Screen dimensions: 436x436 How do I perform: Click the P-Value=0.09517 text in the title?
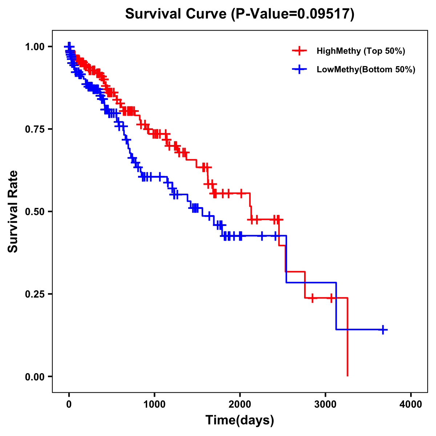point(294,14)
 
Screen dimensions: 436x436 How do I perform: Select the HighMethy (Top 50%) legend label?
point(360,51)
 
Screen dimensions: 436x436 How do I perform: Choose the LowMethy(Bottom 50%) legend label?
point(366,69)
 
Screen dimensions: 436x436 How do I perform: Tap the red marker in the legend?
point(299,51)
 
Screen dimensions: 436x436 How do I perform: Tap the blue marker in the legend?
point(299,69)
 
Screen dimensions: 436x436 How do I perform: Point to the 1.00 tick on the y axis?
point(35,47)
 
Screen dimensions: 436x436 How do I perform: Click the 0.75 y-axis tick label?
point(35,129)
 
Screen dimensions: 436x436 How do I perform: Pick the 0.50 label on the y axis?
point(35,211)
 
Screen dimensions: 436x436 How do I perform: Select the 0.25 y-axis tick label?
point(35,294)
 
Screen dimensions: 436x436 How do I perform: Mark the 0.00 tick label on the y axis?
point(35,376)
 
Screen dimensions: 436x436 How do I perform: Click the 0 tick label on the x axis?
point(69,404)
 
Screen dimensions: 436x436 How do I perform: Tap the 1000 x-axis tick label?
point(154,404)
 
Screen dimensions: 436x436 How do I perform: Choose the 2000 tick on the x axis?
point(240,404)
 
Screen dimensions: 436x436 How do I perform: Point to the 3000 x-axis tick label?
point(326,404)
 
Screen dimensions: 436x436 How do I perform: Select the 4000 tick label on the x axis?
point(411,404)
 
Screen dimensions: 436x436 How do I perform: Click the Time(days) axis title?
point(240,420)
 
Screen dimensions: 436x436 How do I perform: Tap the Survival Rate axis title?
point(13,211)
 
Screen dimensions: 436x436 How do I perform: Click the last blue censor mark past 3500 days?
point(383,330)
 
